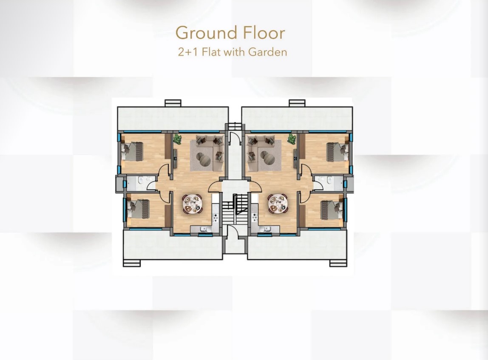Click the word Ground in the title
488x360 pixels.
click(206, 33)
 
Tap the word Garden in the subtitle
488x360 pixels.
click(267, 52)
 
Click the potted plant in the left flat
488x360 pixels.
click(177, 139)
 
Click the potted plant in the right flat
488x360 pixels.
click(292, 139)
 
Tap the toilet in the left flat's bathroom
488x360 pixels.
click(141, 180)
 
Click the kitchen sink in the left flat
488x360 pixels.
click(204, 230)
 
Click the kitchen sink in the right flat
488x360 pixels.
click(267, 230)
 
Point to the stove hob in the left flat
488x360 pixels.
click(216, 217)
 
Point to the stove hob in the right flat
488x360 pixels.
click(255, 217)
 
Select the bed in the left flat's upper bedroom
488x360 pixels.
click(133, 152)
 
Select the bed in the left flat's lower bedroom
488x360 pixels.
click(139, 209)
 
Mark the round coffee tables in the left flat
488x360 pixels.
click(204, 158)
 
